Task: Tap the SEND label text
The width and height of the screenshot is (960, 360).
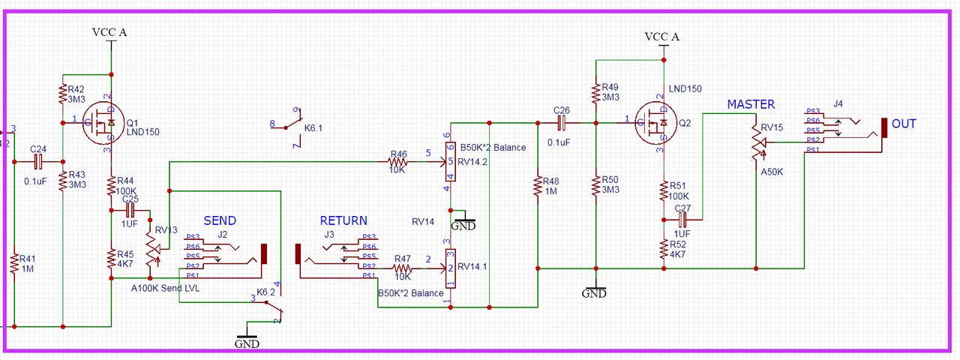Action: tap(220, 220)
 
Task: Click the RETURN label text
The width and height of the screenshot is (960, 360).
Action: tap(343, 220)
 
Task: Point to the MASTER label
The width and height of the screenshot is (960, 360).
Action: tap(751, 104)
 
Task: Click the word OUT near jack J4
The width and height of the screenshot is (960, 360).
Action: tap(904, 124)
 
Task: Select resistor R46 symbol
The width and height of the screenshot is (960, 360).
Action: tap(399, 161)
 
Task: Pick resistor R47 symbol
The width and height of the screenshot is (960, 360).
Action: tap(403, 268)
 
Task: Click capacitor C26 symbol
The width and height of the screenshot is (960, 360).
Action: tap(562, 122)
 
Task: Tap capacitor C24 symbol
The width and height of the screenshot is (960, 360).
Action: tap(38, 161)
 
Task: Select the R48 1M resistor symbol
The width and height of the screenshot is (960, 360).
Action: tap(538, 185)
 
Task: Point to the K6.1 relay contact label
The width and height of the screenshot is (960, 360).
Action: tap(313, 129)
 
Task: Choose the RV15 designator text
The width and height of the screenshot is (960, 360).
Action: tap(772, 127)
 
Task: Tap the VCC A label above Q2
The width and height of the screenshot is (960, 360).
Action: tap(663, 37)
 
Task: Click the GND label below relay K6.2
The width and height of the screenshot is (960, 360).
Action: tap(247, 344)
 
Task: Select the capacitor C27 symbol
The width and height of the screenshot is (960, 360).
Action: tap(682, 220)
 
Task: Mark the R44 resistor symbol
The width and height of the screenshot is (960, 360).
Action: tap(111, 184)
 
